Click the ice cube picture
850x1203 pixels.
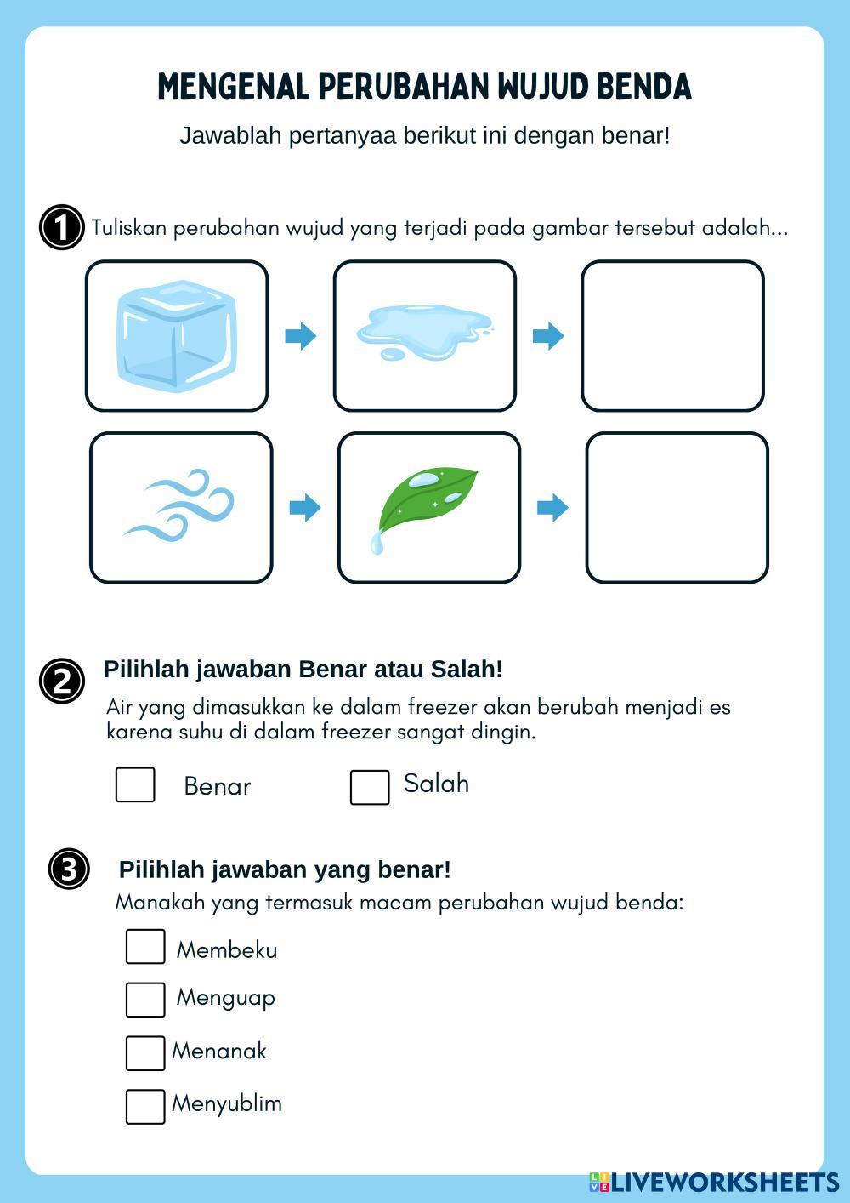(x=177, y=336)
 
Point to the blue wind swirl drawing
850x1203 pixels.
(x=178, y=505)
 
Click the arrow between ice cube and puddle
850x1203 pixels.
(x=301, y=336)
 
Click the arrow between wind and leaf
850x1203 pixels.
(x=305, y=508)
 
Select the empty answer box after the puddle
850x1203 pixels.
(x=672, y=336)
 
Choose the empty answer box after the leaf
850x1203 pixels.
(x=677, y=508)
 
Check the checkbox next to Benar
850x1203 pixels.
(x=135, y=785)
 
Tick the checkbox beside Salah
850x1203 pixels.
(x=370, y=787)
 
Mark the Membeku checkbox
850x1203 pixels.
(x=145, y=947)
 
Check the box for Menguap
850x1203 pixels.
(x=145, y=1000)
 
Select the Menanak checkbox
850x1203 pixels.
(x=145, y=1053)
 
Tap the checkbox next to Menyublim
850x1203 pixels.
(x=145, y=1106)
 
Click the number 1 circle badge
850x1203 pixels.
(x=62, y=227)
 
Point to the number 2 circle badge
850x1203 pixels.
(x=62, y=681)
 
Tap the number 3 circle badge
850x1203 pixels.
(x=69, y=869)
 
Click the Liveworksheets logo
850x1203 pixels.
(x=714, y=1182)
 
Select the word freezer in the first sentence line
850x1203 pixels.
(x=442, y=707)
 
